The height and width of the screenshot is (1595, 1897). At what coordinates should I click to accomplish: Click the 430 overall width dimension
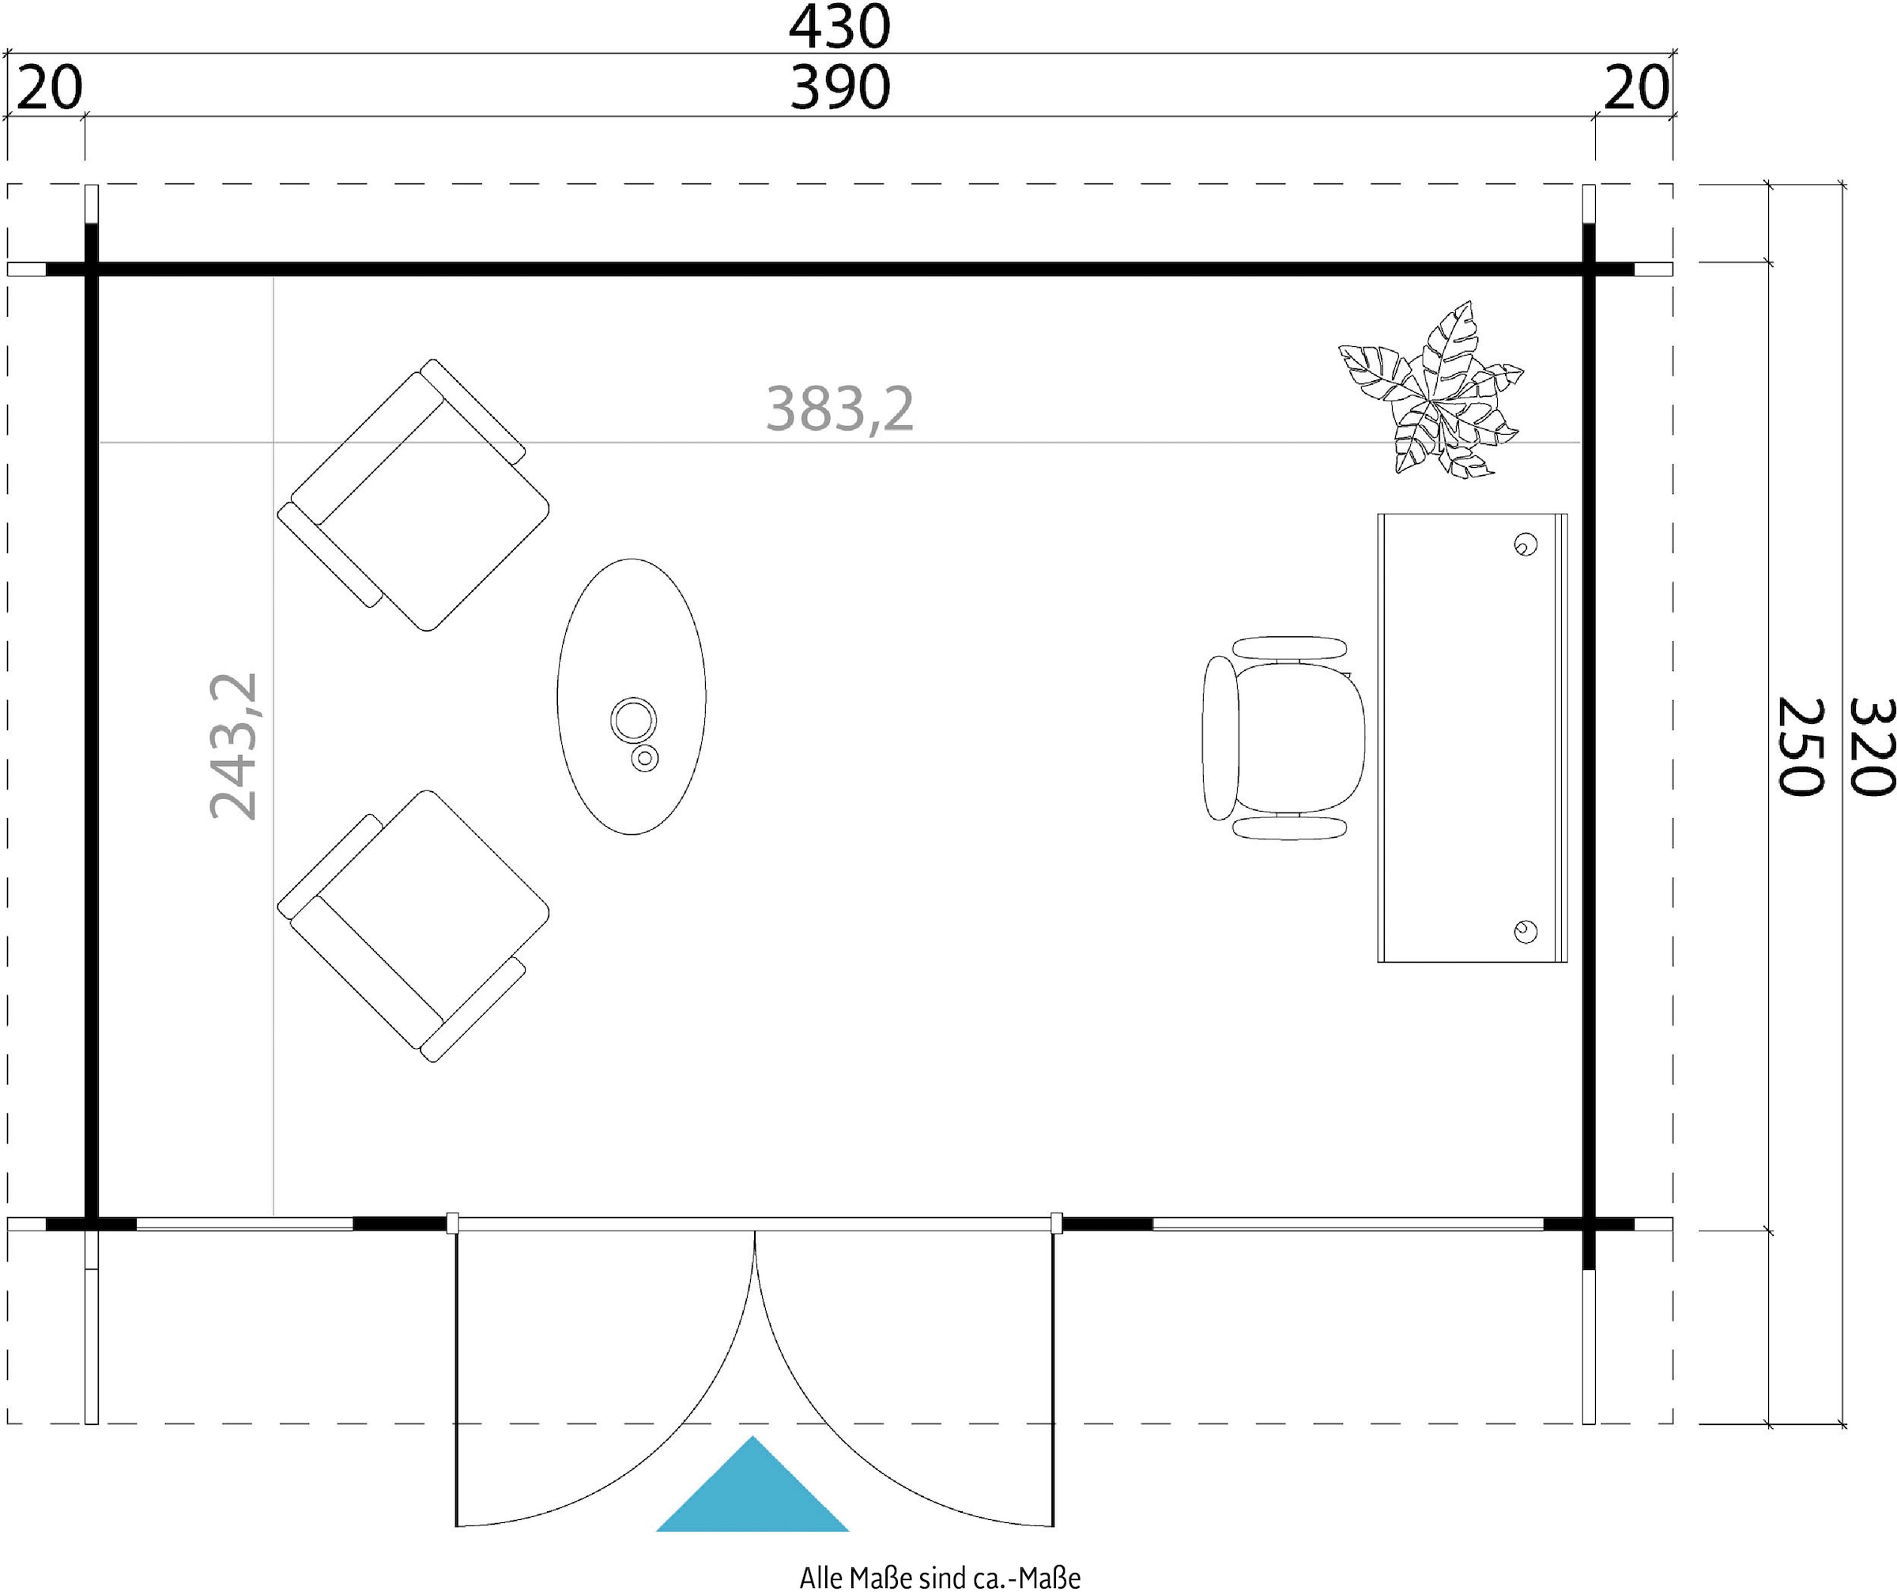(x=840, y=27)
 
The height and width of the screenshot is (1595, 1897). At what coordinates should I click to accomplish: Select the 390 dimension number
(x=840, y=89)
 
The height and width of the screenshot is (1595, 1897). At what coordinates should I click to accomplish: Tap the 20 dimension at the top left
(x=50, y=89)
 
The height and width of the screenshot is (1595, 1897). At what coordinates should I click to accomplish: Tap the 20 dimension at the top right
(x=1637, y=89)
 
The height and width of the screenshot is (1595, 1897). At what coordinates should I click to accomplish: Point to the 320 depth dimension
(x=1869, y=747)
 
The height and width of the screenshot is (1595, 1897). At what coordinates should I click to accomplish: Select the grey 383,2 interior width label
(x=840, y=409)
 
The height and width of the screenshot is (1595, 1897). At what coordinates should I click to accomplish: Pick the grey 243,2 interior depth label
(x=234, y=746)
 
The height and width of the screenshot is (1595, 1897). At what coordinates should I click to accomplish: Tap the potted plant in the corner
(x=1431, y=390)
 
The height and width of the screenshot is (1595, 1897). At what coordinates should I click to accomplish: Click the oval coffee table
(x=631, y=696)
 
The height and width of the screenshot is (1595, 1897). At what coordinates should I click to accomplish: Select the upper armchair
(x=413, y=495)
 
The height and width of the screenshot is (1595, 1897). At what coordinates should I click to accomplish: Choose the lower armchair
(x=413, y=926)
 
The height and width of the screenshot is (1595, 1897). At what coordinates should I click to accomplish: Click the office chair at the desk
(x=1282, y=737)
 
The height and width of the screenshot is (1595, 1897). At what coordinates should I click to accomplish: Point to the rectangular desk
(x=1472, y=737)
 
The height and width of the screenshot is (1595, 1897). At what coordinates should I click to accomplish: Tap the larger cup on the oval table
(x=633, y=721)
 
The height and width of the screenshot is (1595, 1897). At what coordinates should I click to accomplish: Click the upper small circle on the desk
(x=1526, y=545)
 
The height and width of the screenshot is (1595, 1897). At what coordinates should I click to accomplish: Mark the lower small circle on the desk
(x=1526, y=931)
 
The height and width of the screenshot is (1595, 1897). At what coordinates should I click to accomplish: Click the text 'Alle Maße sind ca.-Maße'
(x=940, y=1578)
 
